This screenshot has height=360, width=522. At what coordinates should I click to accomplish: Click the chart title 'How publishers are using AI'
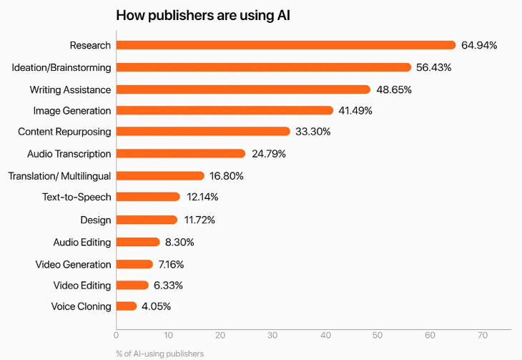207,15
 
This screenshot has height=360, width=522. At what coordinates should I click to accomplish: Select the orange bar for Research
285,45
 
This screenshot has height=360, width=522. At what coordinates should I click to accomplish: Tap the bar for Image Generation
225,110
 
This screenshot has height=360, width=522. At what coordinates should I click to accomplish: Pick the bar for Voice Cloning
127,306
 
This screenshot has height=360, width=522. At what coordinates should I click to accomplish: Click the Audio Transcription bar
180,153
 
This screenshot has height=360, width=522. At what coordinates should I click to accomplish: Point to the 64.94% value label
479,45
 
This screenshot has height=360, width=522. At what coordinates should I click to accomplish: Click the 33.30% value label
314,132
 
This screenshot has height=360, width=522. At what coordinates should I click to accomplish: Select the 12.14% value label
202,197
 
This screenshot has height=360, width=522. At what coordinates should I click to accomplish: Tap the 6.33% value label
168,285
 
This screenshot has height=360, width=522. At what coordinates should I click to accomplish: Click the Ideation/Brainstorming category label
61,67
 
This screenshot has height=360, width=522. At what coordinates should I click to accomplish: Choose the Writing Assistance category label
70,89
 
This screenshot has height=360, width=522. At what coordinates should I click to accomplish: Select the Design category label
96,219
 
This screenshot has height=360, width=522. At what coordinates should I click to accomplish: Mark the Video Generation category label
73,264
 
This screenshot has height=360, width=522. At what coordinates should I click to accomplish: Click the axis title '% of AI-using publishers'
159,353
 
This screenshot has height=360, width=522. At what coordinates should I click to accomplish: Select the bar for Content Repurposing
203,132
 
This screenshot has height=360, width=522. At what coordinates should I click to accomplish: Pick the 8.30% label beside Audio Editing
179,242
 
